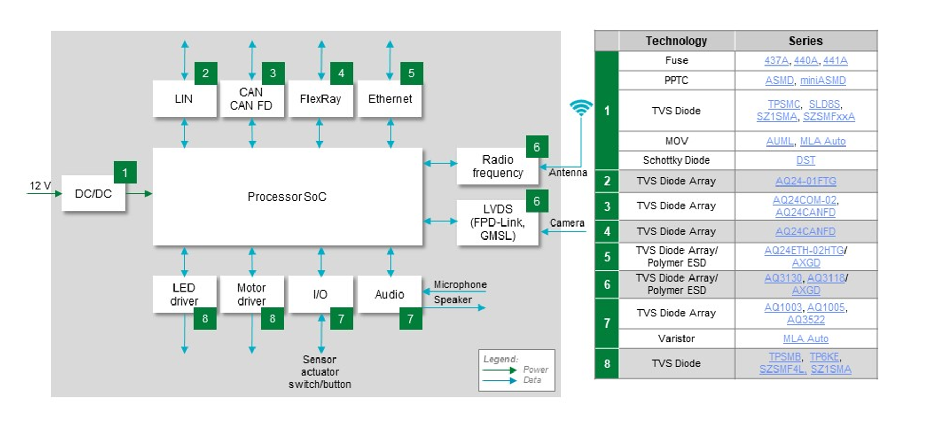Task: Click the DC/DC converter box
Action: pyautogui.click(x=93, y=194)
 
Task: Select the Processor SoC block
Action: pyautogui.click(x=287, y=196)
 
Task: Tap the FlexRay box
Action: pyautogui.click(x=320, y=99)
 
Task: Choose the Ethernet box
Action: pyautogui.click(x=390, y=99)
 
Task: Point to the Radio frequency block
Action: pyautogui.click(x=497, y=166)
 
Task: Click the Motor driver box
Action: pyautogui.click(x=252, y=294)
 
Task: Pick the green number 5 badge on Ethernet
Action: pyautogui.click(x=411, y=73)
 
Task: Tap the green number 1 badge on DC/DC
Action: pyautogui.click(x=125, y=172)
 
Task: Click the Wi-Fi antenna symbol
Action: pyautogui.click(x=581, y=108)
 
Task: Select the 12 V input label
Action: pyautogui.click(x=40, y=185)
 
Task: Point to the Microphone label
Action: pyautogui.click(x=460, y=284)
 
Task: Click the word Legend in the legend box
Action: pyautogui.click(x=500, y=359)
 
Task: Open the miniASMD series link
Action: pyautogui.click(x=823, y=81)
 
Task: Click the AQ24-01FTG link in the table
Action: pyautogui.click(x=806, y=181)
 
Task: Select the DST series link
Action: pyautogui.click(x=806, y=161)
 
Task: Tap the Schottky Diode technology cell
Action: pyautogui.click(x=676, y=161)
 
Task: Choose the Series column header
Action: pyautogui.click(x=806, y=41)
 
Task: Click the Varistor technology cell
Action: pyautogui.click(x=676, y=339)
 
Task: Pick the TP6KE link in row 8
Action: pyautogui.click(x=824, y=357)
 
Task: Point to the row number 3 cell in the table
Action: pyautogui.click(x=607, y=206)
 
